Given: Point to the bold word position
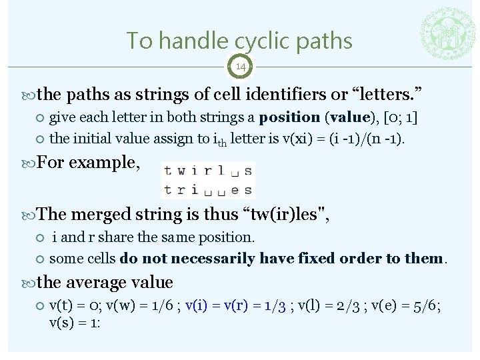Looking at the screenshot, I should click(x=289, y=117).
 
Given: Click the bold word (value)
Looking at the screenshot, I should click(x=349, y=117).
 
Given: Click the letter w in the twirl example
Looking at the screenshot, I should click(x=181, y=171).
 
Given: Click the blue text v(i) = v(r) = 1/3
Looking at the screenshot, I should click(x=236, y=305).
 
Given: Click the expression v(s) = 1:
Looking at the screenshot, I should click(x=74, y=323).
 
